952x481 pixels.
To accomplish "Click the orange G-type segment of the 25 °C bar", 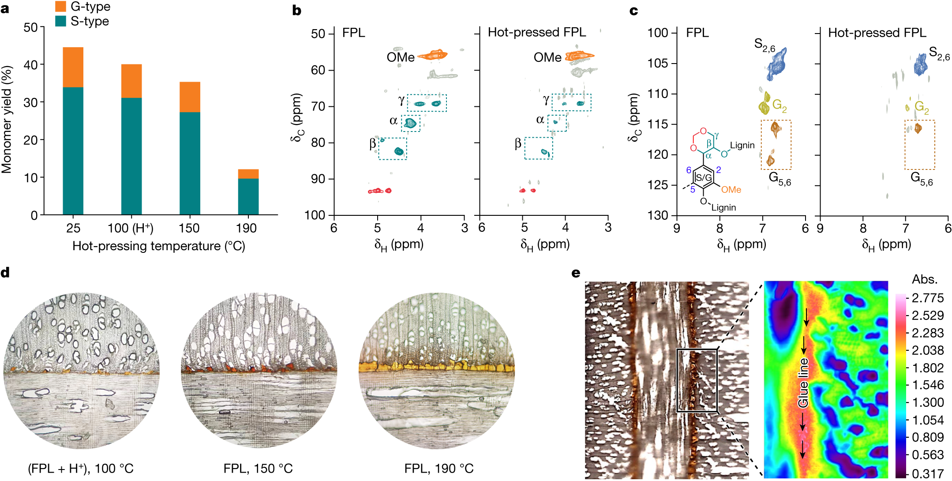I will click(x=73, y=67).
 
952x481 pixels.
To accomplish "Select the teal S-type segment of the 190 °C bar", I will click(x=248, y=196).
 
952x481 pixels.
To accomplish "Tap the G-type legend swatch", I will click(x=60, y=6).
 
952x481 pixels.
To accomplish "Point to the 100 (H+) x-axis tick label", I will click(x=130, y=228).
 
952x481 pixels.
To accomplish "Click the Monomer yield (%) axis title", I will click(x=7, y=120).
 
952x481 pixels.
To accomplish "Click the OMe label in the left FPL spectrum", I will click(x=400, y=57).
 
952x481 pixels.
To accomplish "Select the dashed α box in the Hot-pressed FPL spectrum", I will click(x=557, y=123).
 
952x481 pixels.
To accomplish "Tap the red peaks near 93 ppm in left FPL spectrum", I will click(x=380, y=191).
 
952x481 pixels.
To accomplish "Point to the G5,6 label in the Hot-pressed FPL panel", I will click(x=922, y=179).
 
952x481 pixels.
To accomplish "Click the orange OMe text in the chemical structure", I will click(x=731, y=190).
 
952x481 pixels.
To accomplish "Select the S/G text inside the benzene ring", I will click(x=703, y=177).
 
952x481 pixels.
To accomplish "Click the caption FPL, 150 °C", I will click(x=258, y=468).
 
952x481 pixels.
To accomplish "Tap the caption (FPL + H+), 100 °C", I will click(x=81, y=468).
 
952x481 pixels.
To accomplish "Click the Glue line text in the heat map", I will click(x=803, y=382).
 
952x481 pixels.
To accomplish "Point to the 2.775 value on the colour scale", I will click(x=927, y=298).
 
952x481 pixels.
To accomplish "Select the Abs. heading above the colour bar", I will click(x=925, y=279).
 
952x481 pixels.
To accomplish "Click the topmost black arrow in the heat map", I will click(x=806, y=317).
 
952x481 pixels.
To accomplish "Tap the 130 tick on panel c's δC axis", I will click(x=658, y=215).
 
